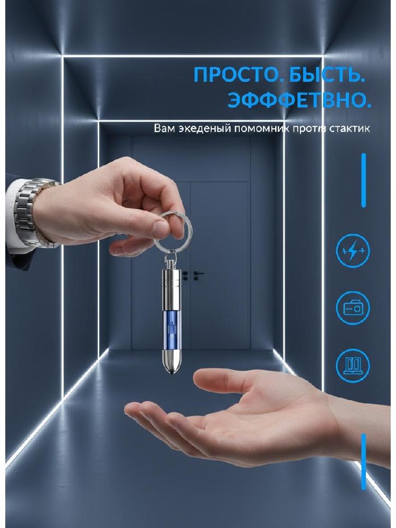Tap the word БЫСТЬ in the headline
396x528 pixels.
[x=324, y=74]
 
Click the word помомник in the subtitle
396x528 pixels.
[x=254, y=128]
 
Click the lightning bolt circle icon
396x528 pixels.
[x=353, y=250]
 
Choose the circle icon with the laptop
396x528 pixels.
[x=353, y=366]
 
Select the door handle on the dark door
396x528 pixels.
[x=198, y=274]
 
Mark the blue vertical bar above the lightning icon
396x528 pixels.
[x=363, y=180]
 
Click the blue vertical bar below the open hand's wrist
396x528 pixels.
[x=363, y=461]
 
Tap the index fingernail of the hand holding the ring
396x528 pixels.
[x=160, y=228]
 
